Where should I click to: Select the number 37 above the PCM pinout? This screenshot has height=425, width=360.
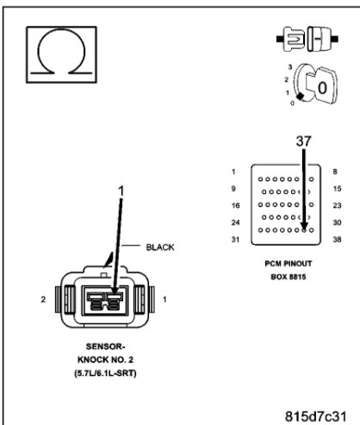coord(302,140)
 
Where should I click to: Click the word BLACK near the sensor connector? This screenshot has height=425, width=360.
coord(159,247)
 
